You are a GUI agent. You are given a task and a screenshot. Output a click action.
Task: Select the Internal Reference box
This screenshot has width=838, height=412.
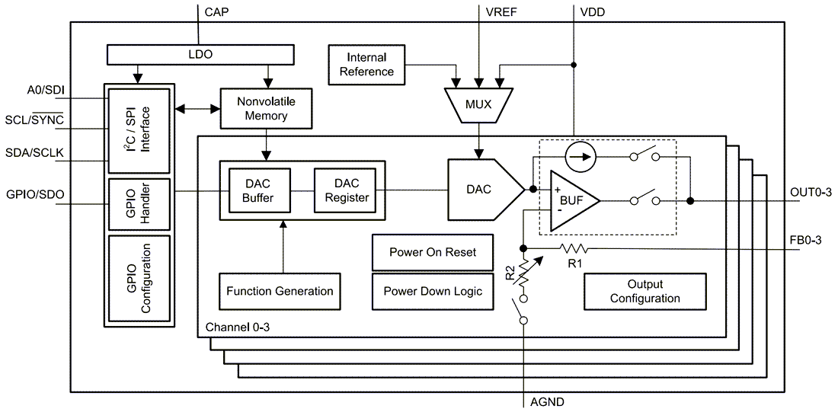click(366, 64)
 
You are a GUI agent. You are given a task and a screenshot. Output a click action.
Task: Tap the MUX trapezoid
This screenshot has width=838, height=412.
click(477, 104)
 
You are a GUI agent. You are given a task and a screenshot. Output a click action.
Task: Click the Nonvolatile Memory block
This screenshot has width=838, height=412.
click(266, 108)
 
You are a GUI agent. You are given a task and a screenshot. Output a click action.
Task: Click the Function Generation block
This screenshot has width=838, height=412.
click(280, 291)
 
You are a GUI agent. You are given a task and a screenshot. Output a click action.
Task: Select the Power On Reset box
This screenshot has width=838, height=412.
click(432, 253)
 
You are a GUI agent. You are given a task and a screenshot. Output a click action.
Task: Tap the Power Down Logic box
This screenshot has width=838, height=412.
click(432, 291)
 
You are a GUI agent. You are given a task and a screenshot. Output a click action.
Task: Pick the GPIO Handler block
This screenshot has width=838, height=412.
click(138, 204)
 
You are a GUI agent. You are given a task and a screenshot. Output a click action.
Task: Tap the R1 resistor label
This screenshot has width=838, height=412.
click(576, 263)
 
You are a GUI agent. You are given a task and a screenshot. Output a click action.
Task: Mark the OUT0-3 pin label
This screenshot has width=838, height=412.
click(811, 193)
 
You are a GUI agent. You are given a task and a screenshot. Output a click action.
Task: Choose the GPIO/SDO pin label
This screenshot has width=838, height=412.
click(34, 194)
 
